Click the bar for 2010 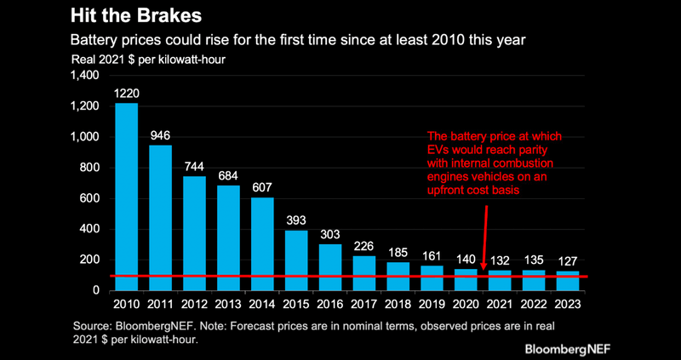pos(126,196)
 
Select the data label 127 pos(568,261)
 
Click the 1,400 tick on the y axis pos(85,76)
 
